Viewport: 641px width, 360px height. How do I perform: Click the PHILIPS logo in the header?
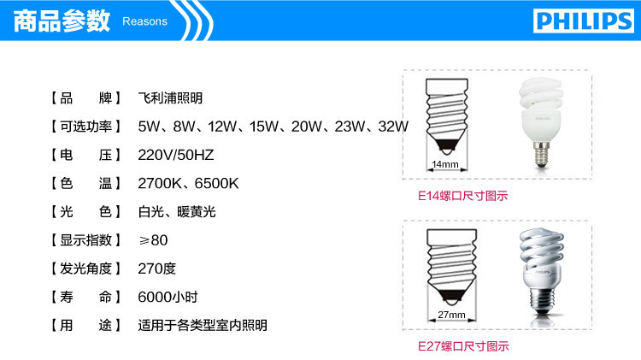click(584, 21)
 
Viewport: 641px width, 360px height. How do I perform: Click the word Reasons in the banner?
click(144, 21)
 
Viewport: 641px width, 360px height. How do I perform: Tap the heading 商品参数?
click(62, 21)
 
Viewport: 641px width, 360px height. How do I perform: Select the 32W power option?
click(393, 127)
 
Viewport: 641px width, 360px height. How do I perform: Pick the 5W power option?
click(149, 127)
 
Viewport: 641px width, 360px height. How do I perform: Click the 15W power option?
click(264, 127)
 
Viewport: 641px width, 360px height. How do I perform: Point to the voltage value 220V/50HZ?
click(176, 155)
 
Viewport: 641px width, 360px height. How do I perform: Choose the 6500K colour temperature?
click(217, 183)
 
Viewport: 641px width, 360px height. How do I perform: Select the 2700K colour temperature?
click(160, 183)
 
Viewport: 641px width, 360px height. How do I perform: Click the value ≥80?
click(153, 240)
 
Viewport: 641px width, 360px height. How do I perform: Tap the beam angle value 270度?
click(157, 269)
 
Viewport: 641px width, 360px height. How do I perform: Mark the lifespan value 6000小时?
click(168, 297)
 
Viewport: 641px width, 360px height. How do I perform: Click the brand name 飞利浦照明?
click(170, 98)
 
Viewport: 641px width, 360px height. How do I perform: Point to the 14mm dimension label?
click(445, 164)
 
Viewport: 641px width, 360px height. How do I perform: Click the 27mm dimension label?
click(451, 315)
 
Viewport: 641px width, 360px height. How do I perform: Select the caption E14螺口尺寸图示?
click(462, 196)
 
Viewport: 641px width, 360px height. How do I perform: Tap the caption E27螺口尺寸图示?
click(463, 346)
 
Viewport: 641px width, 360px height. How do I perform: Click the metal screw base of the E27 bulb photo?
click(544, 300)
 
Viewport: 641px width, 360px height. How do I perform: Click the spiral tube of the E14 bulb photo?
click(540, 96)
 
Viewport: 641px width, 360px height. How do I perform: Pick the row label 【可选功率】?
click(85, 127)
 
